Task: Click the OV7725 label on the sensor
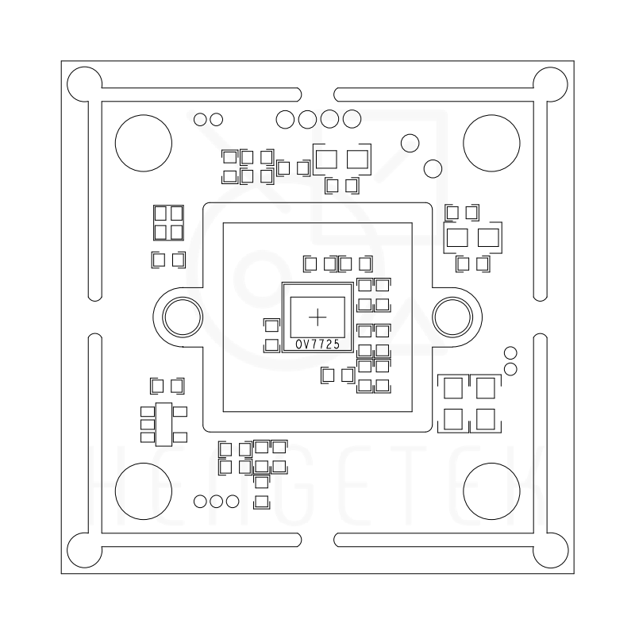[x=317, y=344]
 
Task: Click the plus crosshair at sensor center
[x=317, y=317]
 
